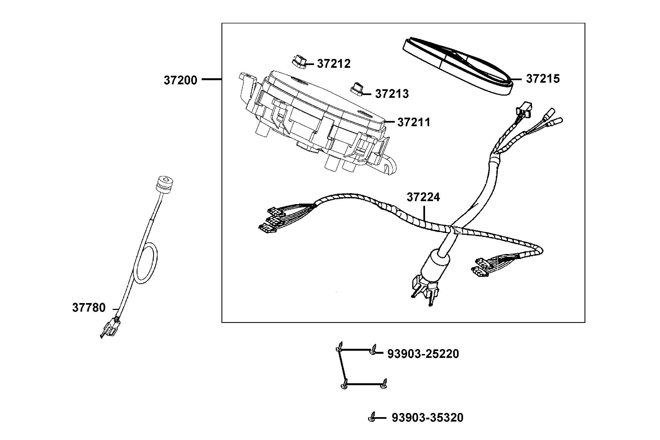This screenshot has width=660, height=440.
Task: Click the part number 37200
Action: [180, 80]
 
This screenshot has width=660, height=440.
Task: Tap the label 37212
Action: [334, 64]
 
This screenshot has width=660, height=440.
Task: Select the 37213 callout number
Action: [392, 94]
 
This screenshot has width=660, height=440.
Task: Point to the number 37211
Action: [414, 122]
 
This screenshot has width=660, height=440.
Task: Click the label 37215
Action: [542, 79]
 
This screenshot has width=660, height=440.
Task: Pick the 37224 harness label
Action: [423, 198]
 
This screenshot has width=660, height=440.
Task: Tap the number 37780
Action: [89, 308]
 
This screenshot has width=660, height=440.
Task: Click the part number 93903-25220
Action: [423, 354]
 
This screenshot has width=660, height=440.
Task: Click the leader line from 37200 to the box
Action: [212, 80]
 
